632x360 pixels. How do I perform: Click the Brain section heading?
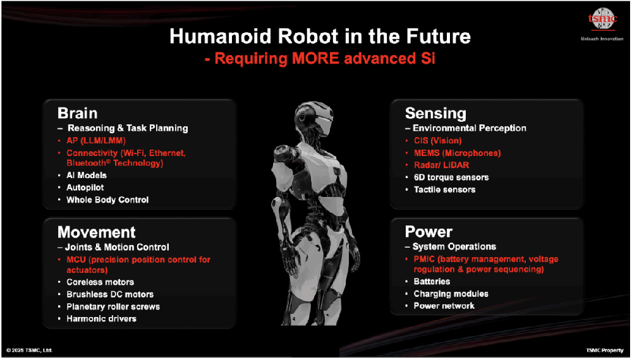coord(77,113)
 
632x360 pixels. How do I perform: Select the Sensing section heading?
coord(435,114)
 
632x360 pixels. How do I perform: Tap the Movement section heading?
coord(96,232)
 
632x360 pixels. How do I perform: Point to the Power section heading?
coord(428,232)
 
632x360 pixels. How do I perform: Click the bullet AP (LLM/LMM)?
coord(96,141)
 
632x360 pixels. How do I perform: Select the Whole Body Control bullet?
coord(107,200)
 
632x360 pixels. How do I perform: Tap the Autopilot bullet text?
coord(85,187)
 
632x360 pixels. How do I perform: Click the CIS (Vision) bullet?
coord(438,141)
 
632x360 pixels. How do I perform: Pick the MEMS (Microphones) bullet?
coord(457,153)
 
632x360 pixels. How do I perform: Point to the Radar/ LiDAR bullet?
coord(441,165)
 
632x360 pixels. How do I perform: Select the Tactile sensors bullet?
coord(444,189)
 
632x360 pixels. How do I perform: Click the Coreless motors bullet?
coord(100,282)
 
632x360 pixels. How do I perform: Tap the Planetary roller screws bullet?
coord(113,306)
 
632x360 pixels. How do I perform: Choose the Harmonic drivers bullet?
coord(101,318)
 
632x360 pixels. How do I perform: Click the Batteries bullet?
coord(432,281)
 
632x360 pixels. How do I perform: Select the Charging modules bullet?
coord(451,294)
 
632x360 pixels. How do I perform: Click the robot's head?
coord(313,117)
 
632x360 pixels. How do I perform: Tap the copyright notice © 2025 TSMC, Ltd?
coord(30,350)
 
